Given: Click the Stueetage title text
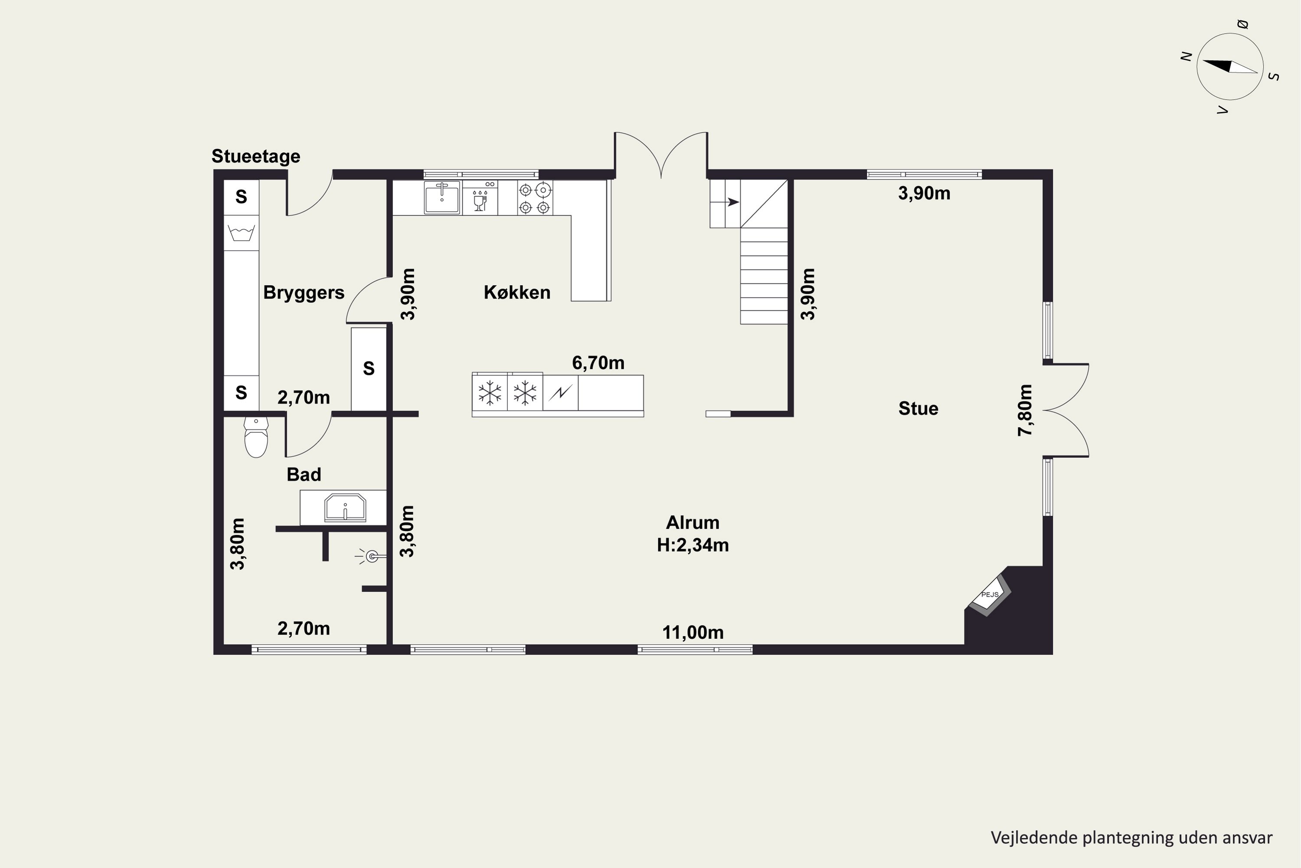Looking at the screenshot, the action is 255,157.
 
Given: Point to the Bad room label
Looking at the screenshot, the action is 304,474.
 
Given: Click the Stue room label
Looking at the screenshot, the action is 918,408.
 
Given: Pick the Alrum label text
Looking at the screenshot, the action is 693,523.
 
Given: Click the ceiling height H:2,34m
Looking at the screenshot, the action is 693,545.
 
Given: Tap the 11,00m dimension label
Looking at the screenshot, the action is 693,632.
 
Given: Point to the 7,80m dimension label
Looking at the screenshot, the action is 1025,410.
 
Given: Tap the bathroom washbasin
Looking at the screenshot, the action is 345,508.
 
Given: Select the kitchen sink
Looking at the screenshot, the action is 442,197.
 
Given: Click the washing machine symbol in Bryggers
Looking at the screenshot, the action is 242,233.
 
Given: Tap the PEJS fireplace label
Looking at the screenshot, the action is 990,595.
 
